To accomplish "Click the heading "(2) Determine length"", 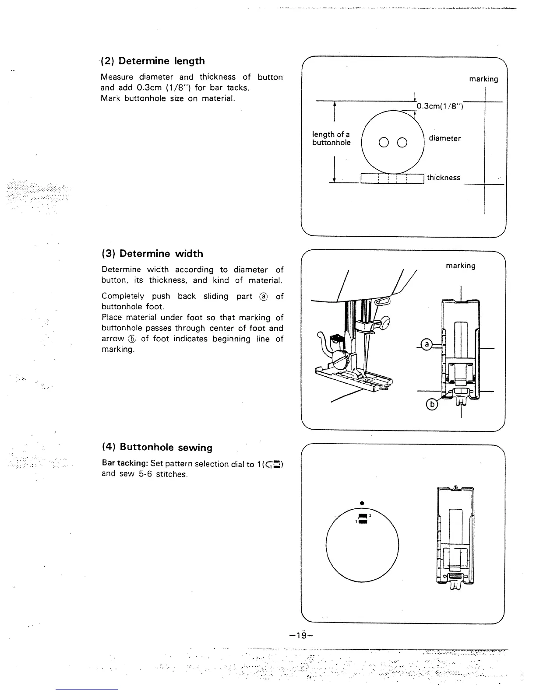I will (152, 61).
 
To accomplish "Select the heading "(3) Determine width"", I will (152, 254).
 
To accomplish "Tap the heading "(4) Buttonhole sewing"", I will (157, 447).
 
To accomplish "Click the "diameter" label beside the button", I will (444, 138).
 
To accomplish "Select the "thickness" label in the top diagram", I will (444, 178).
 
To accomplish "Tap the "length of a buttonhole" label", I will (331, 139).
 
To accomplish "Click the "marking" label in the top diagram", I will (483, 79).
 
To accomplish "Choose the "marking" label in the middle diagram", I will (460, 266).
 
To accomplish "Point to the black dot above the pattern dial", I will (362, 502).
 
